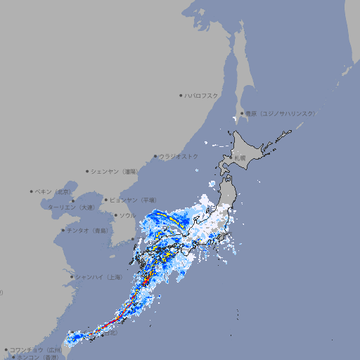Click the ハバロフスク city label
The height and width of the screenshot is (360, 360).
tap(202, 95)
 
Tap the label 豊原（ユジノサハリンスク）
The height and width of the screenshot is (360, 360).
tap(280, 113)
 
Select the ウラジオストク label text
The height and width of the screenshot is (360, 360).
tap(179, 156)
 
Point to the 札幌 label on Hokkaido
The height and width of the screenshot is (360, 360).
tap(240, 158)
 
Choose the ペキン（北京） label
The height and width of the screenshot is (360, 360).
tap(54, 191)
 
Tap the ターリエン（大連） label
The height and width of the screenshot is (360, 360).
tap(72, 207)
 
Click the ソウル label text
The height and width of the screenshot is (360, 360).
tap(128, 215)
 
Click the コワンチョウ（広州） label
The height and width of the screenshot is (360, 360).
tap(36, 349)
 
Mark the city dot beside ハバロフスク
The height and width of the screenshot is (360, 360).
tap(181, 95)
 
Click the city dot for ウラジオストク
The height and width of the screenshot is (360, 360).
tap(155, 156)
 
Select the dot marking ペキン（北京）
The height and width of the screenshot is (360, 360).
tap(32, 191)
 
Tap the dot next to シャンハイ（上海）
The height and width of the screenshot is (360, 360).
tap(71, 277)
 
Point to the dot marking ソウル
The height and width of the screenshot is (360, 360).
tap(115, 215)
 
